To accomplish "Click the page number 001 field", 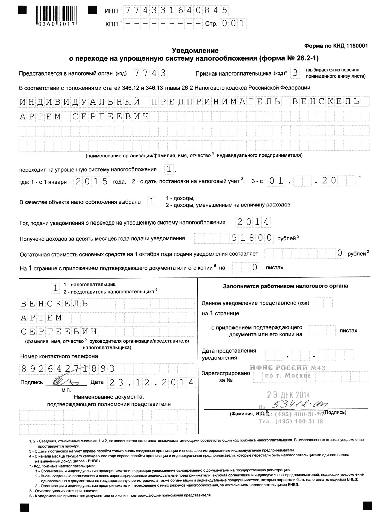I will pos(233,23).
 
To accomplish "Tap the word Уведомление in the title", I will pos(195,50).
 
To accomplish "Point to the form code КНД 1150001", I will pos(336,46).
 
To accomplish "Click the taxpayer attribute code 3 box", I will pos(295,73).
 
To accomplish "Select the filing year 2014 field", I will pos(253,222).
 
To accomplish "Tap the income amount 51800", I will pos(252,238).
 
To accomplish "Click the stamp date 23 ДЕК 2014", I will pos(288,395).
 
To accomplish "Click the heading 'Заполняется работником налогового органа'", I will pos(285,286).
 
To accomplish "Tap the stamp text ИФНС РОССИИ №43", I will pos(288,368).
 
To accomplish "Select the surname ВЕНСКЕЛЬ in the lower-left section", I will pos(54,304).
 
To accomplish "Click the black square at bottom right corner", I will pos(367,506).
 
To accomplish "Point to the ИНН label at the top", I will pos(111,11).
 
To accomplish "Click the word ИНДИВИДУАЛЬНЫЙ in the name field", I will pos(80,102).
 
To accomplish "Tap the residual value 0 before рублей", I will pos(340,253).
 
